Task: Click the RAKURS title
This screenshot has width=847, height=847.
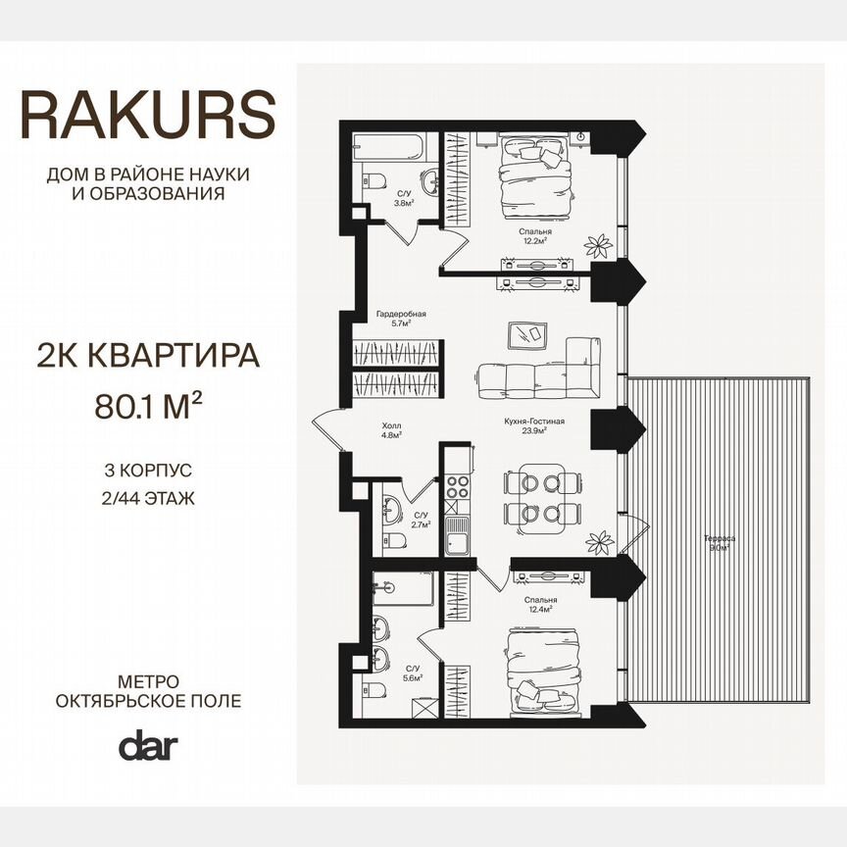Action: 148,116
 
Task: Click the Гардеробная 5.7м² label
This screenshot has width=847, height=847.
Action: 401,318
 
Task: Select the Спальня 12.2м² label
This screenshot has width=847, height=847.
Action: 536,236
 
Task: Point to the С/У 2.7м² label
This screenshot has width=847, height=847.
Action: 422,520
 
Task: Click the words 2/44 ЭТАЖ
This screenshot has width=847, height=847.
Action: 148,497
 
